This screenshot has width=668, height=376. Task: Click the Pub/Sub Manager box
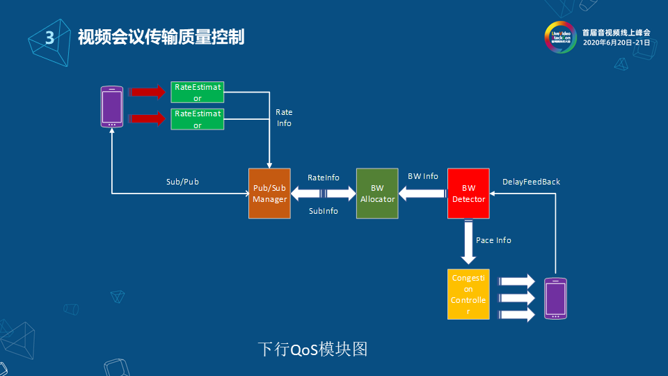pyautogui.click(x=269, y=194)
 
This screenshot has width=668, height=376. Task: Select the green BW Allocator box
pyautogui.click(x=377, y=194)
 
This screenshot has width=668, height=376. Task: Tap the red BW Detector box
pyautogui.click(x=468, y=194)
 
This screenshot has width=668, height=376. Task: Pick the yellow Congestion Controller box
pyautogui.click(x=468, y=295)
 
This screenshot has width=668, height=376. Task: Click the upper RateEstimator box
pyautogui.click(x=198, y=93)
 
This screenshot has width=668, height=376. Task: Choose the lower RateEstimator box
pyautogui.click(x=198, y=119)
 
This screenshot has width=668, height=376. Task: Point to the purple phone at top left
pyautogui.click(x=112, y=107)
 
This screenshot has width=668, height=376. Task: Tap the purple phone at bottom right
pyautogui.click(x=555, y=299)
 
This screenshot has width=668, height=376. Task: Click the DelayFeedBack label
pyautogui.click(x=531, y=182)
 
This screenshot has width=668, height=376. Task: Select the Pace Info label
pyautogui.click(x=493, y=240)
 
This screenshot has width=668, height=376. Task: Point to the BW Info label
pyautogui.click(x=423, y=176)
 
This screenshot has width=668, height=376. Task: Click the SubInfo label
pyautogui.click(x=323, y=211)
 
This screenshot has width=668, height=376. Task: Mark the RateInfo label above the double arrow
pyautogui.click(x=323, y=178)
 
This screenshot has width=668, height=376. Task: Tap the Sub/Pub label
pyautogui.click(x=182, y=182)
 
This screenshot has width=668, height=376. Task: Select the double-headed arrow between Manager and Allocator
pyautogui.click(x=323, y=194)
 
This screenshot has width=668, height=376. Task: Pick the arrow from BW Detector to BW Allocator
pyautogui.click(x=422, y=194)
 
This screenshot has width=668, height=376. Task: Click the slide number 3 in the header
pyautogui.click(x=49, y=38)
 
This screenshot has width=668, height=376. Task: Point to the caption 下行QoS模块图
pyautogui.click(x=312, y=349)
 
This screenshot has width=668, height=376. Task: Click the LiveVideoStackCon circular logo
pyautogui.click(x=561, y=37)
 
